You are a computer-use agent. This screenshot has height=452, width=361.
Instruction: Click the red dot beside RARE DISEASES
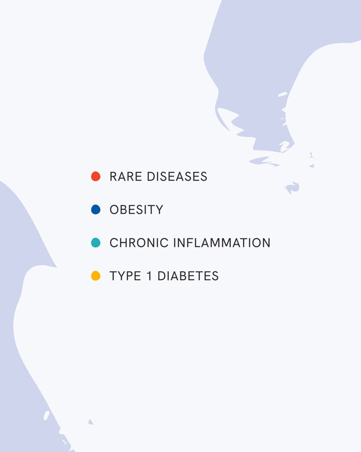[96, 176]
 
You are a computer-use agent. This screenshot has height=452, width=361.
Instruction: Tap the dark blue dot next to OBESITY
[96, 209]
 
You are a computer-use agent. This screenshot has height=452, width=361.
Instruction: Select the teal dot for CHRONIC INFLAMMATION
[96, 242]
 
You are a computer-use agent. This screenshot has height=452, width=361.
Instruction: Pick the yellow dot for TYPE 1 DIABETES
[96, 275]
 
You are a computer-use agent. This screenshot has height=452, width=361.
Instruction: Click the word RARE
[126, 177]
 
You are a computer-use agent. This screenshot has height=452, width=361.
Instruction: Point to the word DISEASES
[177, 177]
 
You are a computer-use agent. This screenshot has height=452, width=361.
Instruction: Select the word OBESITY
[136, 210]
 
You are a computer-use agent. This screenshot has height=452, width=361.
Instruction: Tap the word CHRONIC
[139, 243]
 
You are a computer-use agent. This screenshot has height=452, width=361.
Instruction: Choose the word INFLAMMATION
[222, 243]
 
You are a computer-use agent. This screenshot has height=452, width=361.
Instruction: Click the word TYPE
[125, 276]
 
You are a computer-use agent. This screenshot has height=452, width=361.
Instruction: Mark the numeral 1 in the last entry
[149, 276]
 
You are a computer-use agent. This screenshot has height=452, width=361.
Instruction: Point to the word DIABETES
[188, 276]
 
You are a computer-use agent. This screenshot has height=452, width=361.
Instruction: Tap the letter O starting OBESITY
[114, 210]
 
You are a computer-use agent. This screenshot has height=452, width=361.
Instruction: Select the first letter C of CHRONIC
[114, 243]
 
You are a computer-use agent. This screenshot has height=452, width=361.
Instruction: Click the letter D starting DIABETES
[162, 276]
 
